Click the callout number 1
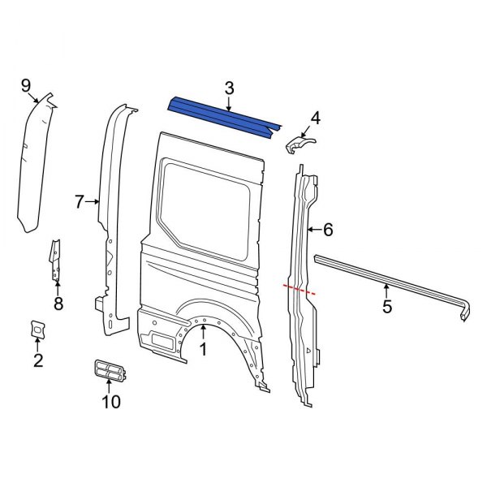coord(203,350)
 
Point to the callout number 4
coord(315,119)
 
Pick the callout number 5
coord(387,306)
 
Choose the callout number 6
coord(328,231)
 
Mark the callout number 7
coord(80,202)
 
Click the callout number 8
coord(58,304)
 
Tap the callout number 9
coord(25,85)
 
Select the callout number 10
coord(111,401)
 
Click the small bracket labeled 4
coord(300,144)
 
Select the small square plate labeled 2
coord(37,329)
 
